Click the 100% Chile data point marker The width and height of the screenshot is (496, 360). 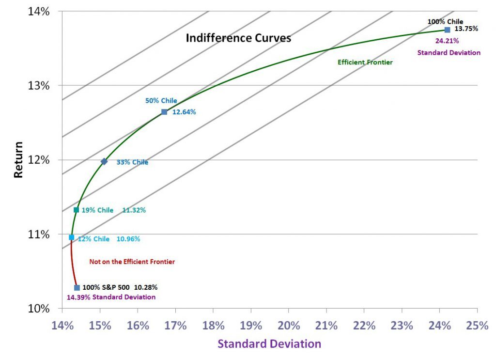(447, 30)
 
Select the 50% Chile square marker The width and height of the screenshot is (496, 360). (164, 112)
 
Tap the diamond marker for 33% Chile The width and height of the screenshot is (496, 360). (104, 162)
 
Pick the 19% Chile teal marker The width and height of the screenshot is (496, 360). (76, 210)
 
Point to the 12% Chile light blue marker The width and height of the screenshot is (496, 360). (72, 237)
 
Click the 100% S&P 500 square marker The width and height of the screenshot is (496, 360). (77, 287)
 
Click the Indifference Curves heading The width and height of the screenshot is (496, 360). (238, 38)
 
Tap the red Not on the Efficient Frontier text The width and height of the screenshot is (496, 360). (132, 262)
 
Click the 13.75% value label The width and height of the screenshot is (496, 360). (466, 29)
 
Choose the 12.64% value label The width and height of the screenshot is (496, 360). (184, 112)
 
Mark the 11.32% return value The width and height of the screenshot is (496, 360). (134, 210)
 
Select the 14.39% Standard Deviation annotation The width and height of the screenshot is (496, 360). (111, 297)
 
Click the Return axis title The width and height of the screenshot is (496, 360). (18, 159)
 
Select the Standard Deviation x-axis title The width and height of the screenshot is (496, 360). (269, 344)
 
